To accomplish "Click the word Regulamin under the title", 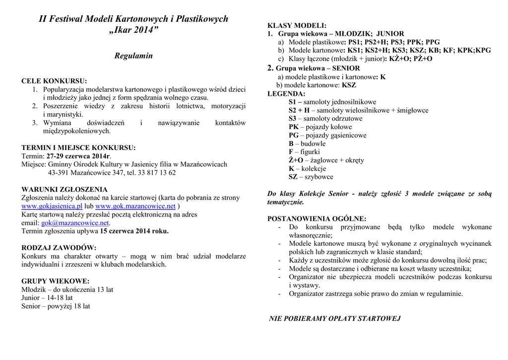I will (x=133, y=56).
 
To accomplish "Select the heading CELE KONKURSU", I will (x=54, y=81).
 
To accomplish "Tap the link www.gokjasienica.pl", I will (x=52, y=206).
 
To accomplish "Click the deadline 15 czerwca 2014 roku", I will (x=134, y=231).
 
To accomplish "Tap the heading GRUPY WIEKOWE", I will (x=56, y=281).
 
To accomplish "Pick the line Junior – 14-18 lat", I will (x=47, y=298).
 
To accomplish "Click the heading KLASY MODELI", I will (x=297, y=25).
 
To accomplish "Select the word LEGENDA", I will (x=286, y=93).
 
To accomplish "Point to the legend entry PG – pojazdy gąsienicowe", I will (x=327, y=135).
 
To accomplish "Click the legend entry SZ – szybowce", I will (x=311, y=177).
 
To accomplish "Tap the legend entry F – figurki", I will (x=304, y=152).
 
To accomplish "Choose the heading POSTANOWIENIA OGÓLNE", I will (x=317, y=218).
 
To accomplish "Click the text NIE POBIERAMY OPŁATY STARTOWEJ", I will (x=334, y=318).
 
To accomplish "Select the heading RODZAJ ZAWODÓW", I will (x=59, y=248).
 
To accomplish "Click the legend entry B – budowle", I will (x=307, y=144).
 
